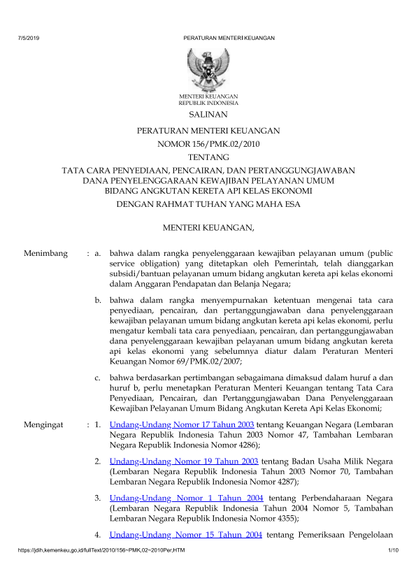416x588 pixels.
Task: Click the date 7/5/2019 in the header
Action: click(x=27, y=38)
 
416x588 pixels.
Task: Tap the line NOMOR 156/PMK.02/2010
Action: click(x=208, y=144)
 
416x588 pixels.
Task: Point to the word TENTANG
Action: click(x=208, y=157)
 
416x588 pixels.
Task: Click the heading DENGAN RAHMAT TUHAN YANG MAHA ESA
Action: click(x=208, y=205)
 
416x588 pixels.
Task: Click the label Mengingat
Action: click(x=44, y=424)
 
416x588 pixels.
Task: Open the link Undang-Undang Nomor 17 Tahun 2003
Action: click(x=182, y=424)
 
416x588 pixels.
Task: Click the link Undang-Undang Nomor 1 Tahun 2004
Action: click(x=186, y=498)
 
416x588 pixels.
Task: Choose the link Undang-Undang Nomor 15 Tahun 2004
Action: click(x=186, y=535)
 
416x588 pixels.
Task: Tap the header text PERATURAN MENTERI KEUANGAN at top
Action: click(x=229, y=38)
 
